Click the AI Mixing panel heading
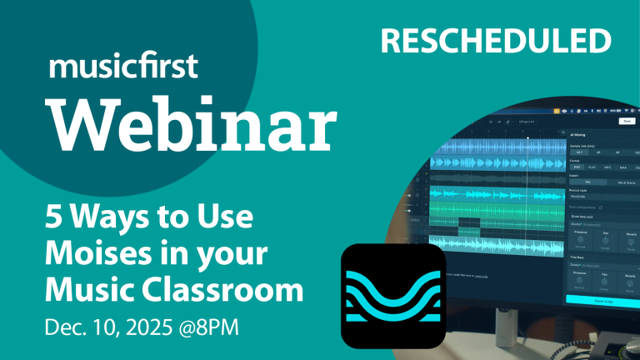click(x=577, y=133)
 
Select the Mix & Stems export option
click(x=626, y=181)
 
